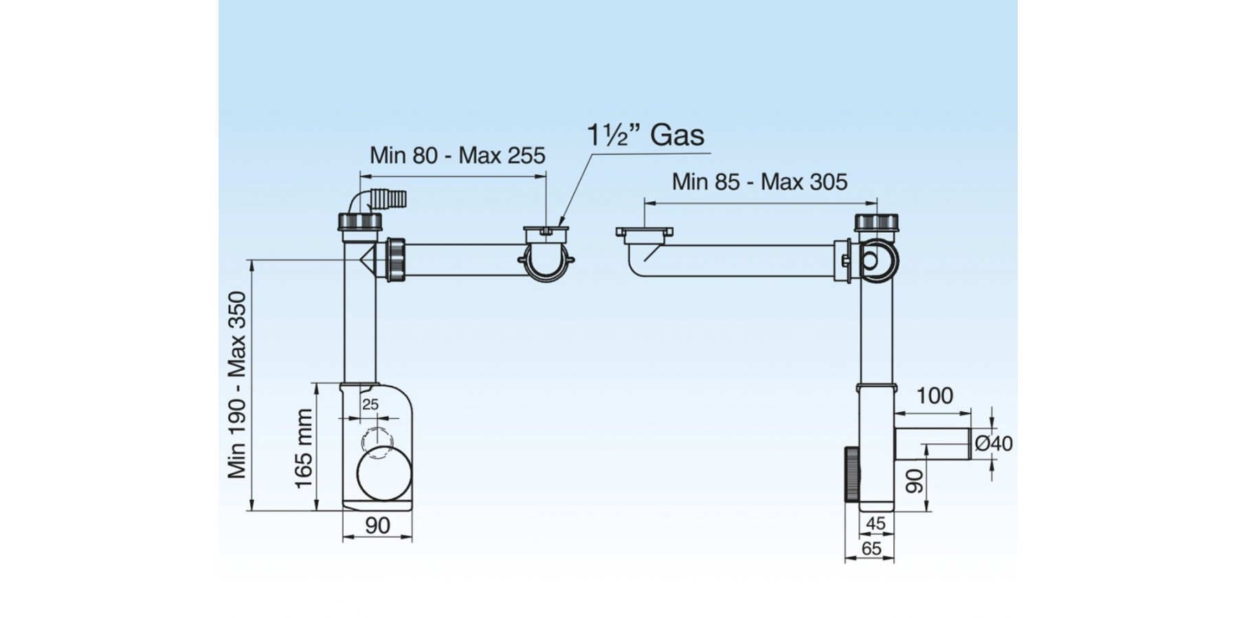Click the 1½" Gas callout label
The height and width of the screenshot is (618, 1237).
645,135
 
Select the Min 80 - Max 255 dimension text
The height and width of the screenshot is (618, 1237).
457,155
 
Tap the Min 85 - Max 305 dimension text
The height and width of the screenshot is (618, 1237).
759,182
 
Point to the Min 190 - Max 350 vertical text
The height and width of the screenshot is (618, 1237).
238,385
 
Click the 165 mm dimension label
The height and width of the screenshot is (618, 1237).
304,448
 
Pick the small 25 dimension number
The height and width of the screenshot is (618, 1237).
370,404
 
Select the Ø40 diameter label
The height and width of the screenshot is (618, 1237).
994,444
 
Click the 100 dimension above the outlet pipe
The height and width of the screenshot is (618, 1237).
935,396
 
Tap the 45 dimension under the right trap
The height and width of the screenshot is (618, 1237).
876,523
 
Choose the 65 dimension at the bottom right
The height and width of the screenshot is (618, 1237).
871,549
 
